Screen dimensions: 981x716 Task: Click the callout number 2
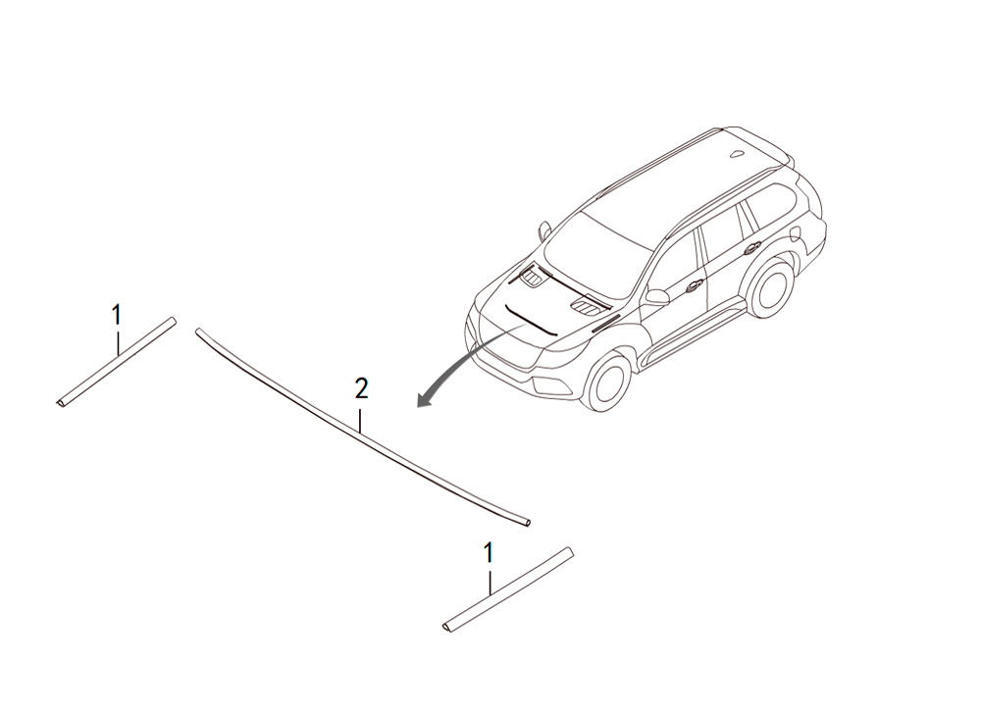tap(361, 388)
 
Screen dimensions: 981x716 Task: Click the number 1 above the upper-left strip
tap(117, 315)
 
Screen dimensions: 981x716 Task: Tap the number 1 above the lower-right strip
tap(489, 553)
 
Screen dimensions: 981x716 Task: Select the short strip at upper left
tap(116, 362)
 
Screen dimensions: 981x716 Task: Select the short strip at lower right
tap(507, 589)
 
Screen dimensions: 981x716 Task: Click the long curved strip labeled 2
tap(361, 430)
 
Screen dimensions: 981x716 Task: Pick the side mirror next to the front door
tap(657, 296)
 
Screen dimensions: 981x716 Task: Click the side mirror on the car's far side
tap(543, 230)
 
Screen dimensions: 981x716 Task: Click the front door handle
tap(694, 286)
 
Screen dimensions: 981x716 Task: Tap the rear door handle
tap(749, 249)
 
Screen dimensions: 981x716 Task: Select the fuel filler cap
tap(796, 234)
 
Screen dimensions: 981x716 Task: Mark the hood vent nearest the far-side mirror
tap(533, 277)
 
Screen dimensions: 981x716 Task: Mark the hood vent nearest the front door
tap(584, 306)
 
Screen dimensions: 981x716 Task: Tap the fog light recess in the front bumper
tap(550, 386)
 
